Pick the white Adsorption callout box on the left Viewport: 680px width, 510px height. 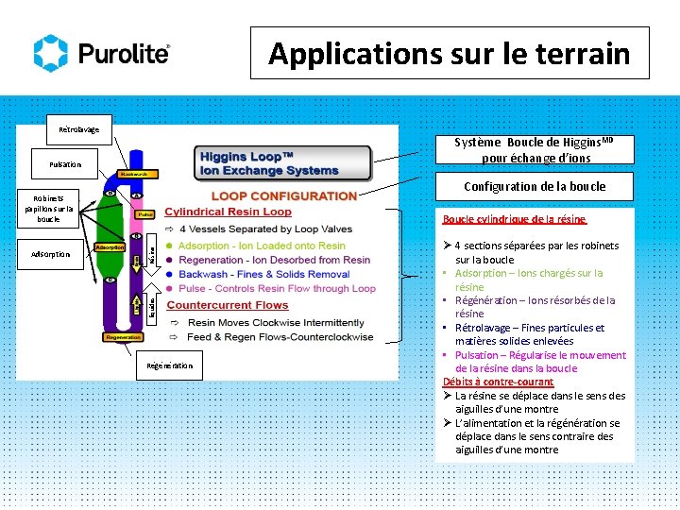pyautogui.click(x=50, y=255)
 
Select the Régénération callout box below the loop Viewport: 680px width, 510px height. pyautogui.click(x=170, y=365)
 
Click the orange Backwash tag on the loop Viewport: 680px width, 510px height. pyautogui.click(x=138, y=175)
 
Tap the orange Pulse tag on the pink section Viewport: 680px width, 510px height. pyautogui.click(x=145, y=213)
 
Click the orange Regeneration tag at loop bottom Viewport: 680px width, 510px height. pyautogui.click(x=123, y=337)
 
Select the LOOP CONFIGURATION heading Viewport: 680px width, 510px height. pyautogui.click(x=284, y=196)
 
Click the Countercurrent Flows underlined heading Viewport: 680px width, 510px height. pyautogui.click(x=228, y=305)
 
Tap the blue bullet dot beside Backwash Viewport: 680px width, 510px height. pyautogui.click(x=169, y=274)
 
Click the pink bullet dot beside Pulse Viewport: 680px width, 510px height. pyautogui.click(x=169, y=288)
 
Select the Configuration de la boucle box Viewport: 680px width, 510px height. pyautogui.click(x=535, y=187)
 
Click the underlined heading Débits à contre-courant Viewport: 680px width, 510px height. pyautogui.click(x=498, y=382)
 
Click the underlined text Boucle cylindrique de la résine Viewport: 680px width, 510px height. pyautogui.click(x=515, y=219)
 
